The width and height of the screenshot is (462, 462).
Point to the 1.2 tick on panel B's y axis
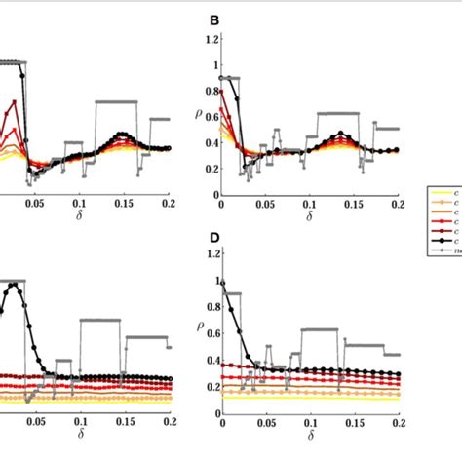[206, 39]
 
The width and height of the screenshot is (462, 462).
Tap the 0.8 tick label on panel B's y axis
[206, 91]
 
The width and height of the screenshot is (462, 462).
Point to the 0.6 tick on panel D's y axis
[206, 333]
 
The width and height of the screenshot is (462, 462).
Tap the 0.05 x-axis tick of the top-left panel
[35, 206]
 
